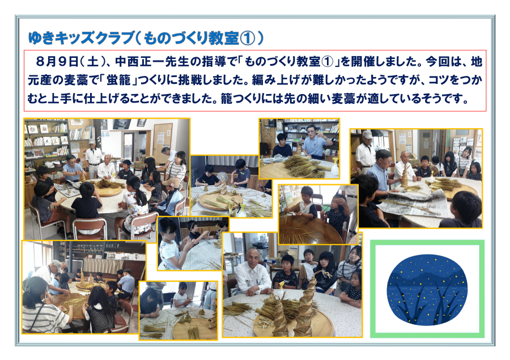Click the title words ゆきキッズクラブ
point(81,38)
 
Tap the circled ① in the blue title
point(247,38)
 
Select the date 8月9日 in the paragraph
point(57,61)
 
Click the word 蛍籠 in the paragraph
point(118,80)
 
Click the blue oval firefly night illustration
point(427,290)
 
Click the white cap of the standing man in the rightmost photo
point(367,134)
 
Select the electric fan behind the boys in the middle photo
point(223,177)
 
